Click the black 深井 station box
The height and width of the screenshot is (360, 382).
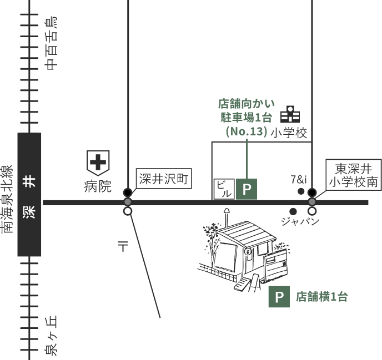tap(29, 194)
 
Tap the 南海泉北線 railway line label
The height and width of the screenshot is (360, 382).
tap(7, 191)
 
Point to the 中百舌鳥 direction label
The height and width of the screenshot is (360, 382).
tap(51, 43)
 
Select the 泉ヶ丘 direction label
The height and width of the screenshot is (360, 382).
tap(51, 336)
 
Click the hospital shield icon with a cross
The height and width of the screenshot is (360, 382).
tap(98, 163)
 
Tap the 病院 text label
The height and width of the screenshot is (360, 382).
tap(98, 186)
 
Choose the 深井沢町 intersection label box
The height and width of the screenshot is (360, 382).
tap(164, 179)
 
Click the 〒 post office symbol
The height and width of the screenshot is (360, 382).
tap(123, 246)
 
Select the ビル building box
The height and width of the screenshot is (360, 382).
tap(223, 189)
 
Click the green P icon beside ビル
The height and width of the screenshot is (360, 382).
tap(247, 189)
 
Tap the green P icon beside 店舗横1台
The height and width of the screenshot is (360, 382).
tap(279, 297)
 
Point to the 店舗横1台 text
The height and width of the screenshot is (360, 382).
tap(321, 297)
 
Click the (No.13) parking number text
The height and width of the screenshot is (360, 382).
tap(247, 131)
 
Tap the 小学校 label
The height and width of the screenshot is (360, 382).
tap(289, 133)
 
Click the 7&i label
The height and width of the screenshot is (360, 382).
tap(298, 179)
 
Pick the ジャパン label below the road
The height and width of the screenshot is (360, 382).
tap(300, 221)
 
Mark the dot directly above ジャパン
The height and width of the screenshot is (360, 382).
tap(293, 211)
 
